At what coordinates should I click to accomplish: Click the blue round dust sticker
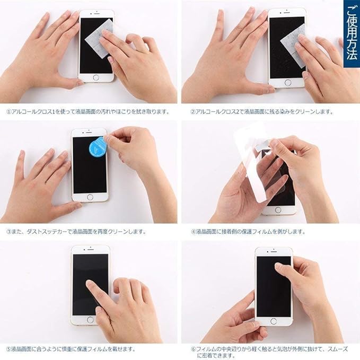97,146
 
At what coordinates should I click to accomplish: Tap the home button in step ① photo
96,77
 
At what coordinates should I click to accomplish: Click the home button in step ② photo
287,83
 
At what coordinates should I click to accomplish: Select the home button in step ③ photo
90,197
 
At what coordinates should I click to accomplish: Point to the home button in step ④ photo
278,210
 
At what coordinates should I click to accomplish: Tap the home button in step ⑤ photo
90,320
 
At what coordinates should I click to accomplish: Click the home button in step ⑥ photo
274,321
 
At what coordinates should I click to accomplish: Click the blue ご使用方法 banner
352,34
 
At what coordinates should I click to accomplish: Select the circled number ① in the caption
8,112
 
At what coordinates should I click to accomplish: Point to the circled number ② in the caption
193,112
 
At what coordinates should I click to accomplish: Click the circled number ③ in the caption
8,232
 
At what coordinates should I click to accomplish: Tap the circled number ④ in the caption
194,232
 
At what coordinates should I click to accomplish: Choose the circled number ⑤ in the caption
8,349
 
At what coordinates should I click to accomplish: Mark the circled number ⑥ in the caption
194,349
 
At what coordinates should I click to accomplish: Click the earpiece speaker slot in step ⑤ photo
91,250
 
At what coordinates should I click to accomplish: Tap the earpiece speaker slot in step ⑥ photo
274,252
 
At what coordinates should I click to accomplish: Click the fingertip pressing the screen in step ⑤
90,283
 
